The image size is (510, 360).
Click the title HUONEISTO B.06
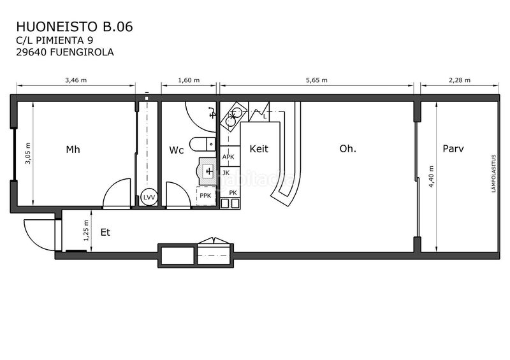point(75,27)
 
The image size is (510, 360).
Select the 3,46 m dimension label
point(76,80)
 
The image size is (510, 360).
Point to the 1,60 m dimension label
point(189,80)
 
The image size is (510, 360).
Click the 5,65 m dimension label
point(317,80)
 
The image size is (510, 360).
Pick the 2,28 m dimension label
point(459,80)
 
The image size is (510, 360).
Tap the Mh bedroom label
point(73,150)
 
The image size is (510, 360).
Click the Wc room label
point(177,150)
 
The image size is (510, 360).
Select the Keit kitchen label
point(259,149)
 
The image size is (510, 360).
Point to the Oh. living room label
point(347,149)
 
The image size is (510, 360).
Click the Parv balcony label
point(453,149)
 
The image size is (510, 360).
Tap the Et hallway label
point(105,233)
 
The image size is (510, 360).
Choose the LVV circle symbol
point(149,198)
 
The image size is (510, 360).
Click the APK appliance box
point(228,156)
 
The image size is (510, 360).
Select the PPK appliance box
point(205,196)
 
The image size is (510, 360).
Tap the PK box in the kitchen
point(233,192)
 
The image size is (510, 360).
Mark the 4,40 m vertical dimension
point(432,176)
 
